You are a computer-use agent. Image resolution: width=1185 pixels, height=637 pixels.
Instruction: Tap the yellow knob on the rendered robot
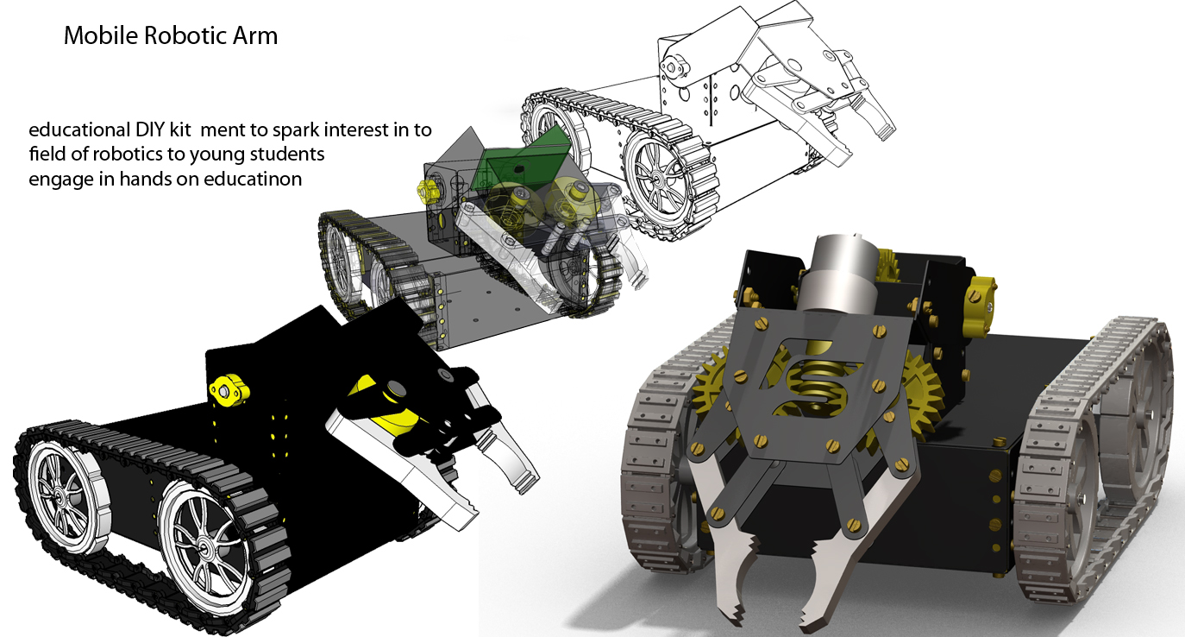982,296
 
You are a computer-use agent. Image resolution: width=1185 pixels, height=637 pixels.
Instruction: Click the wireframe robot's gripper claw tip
882,129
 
